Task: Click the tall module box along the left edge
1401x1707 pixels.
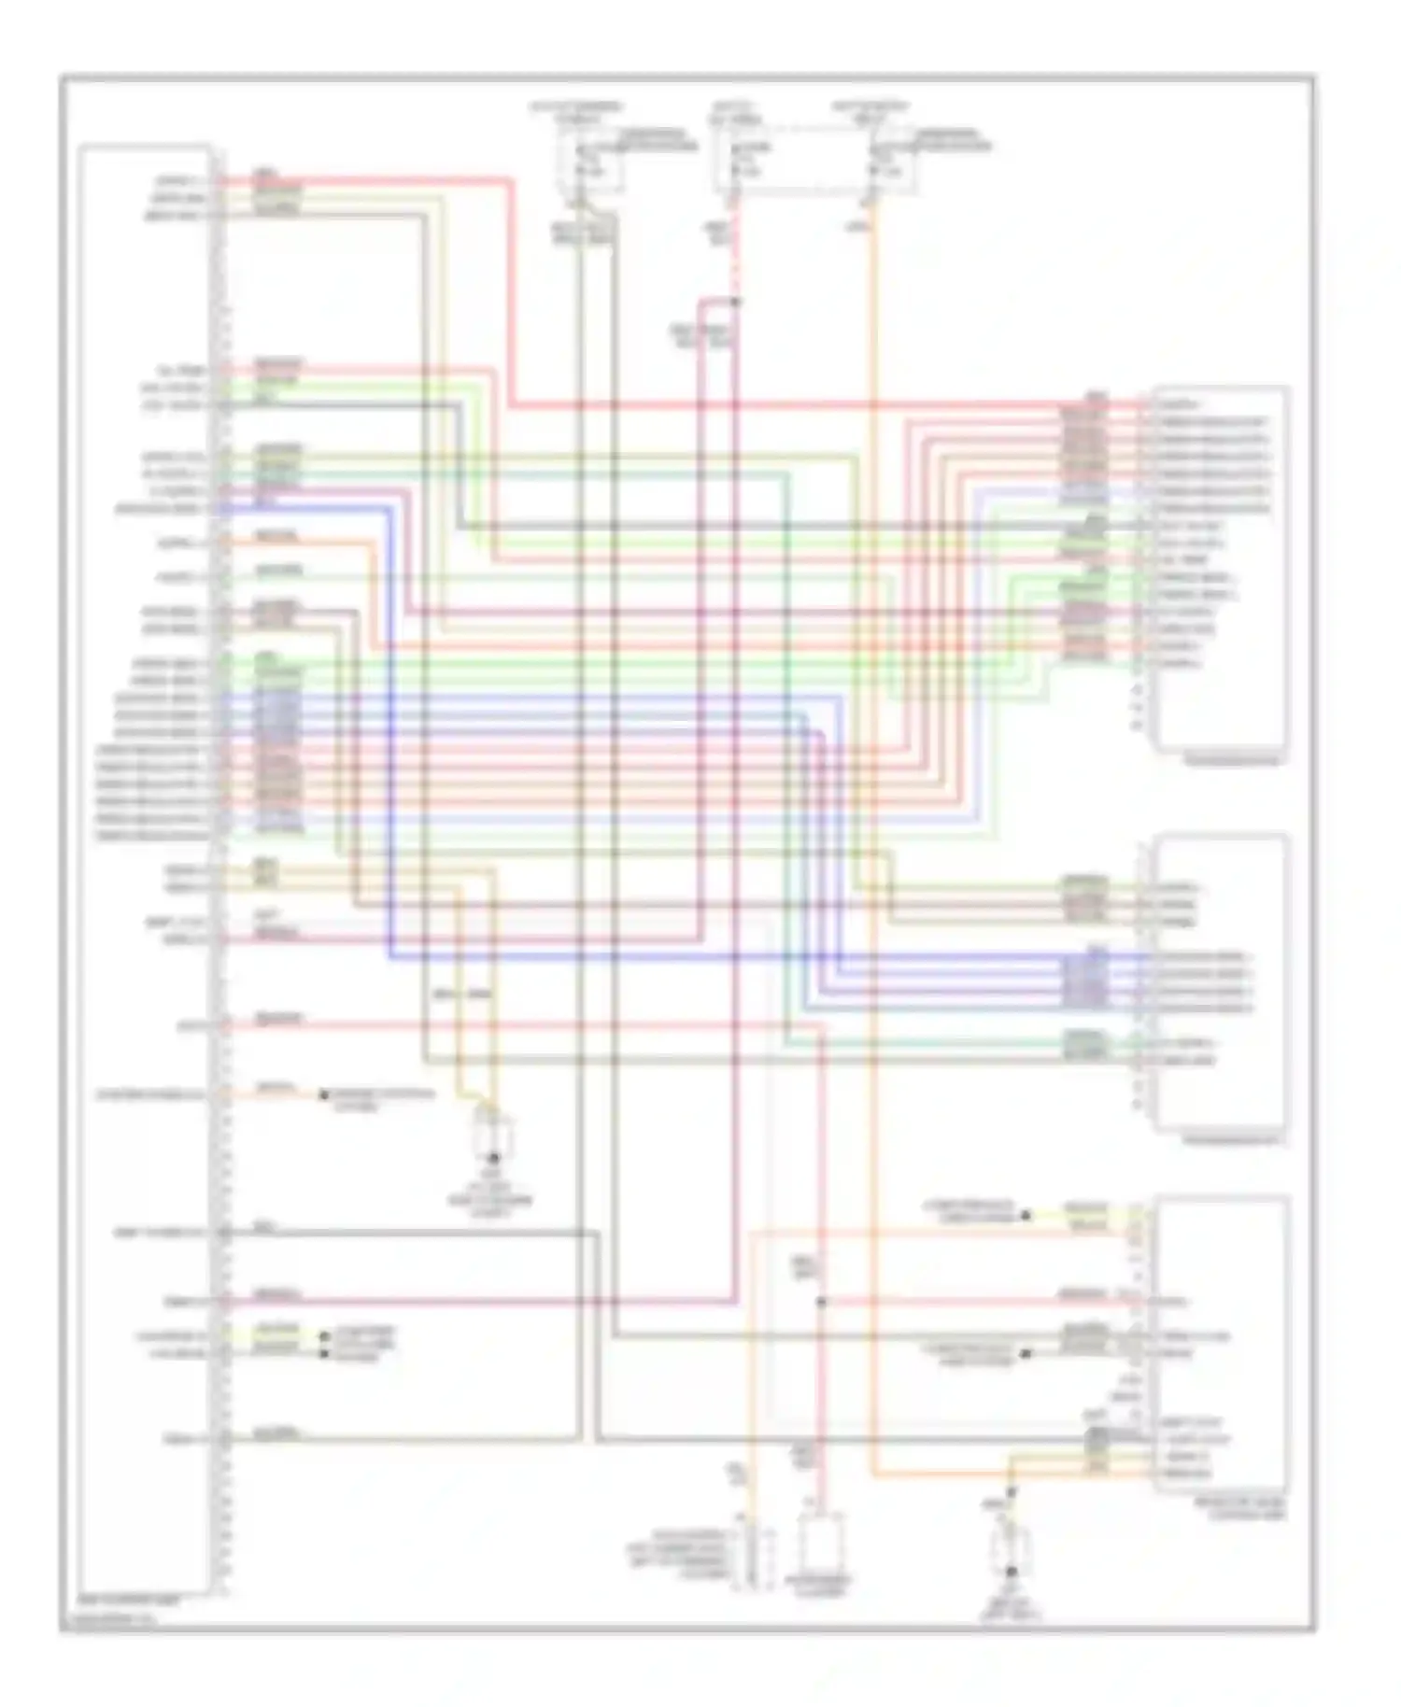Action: (x=145, y=868)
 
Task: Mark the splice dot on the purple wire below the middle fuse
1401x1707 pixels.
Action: (x=735, y=302)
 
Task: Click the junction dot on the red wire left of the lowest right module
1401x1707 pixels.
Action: (x=820, y=1302)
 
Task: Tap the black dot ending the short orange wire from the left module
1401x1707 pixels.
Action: (x=324, y=1094)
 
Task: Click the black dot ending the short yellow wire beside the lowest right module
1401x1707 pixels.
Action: (x=1026, y=1216)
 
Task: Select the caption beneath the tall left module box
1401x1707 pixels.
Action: (x=140, y=1599)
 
